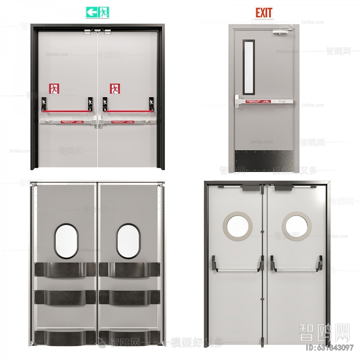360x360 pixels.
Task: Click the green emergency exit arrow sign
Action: pos(97,12)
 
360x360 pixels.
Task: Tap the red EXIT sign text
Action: pos(264,13)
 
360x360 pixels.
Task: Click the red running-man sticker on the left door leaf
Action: pos(54,88)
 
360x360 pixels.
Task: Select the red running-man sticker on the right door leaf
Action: pos(115,88)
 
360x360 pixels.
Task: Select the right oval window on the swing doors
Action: pos(128,241)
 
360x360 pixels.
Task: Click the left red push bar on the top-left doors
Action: pos(67,111)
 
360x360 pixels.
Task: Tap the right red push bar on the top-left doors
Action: pos(127,111)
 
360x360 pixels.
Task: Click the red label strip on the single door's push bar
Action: pos(258,102)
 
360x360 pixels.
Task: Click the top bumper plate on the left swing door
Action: pos(64,270)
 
